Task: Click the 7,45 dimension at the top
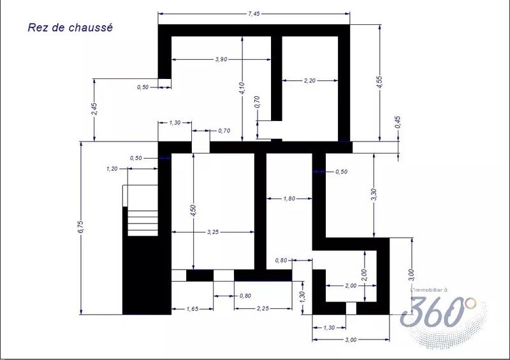click(253, 13)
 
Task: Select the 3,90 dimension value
click(221, 59)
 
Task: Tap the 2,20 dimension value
click(310, 80)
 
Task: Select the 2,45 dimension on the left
click(94, 109)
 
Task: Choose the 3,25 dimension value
click(213, 233)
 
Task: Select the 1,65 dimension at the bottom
click(192, 309)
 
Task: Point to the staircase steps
click(142, 210)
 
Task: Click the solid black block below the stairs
click(145, 274)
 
